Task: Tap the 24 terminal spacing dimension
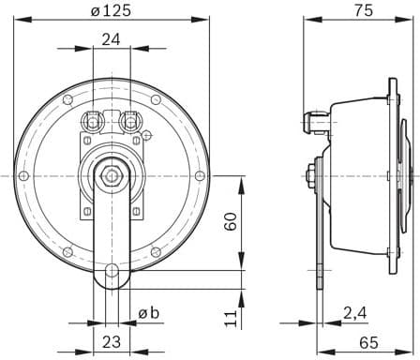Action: coord(112,39)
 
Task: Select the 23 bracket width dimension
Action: coord(112,342)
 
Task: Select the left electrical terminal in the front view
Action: coord(95,120)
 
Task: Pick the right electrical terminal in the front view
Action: coord(128,120)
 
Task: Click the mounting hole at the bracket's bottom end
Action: coord(112,272)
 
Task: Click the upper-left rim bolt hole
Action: coord(68,98)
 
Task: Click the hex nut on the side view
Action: coord(309,173)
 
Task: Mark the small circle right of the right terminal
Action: coord(146,136)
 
